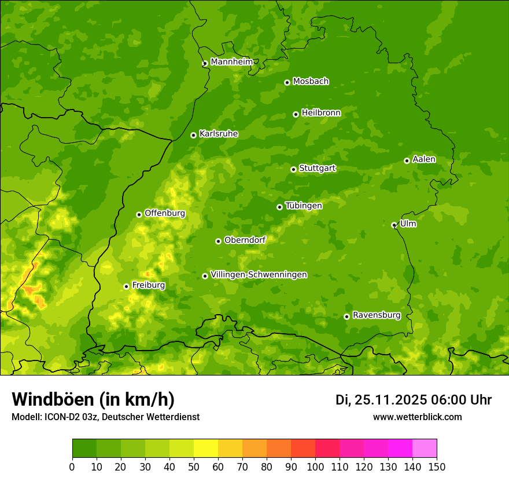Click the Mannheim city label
[232, 62]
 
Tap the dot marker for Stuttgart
[293, 169]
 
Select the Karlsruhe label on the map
[219, 134]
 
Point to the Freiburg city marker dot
[126, 286]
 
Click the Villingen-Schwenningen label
[259, 275]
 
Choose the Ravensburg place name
[377, 315]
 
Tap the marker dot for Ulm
[394, 225]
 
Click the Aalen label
[424, 159]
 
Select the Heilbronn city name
[321, 113]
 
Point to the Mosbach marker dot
[287, 82]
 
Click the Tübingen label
[304, 206]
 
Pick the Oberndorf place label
[245, 240]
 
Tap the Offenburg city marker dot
[139, 214]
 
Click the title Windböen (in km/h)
[93, 399]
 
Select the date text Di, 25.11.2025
[381, 400]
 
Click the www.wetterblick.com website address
[417, 417]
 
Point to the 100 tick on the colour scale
[315, 467]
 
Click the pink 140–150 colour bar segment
[424, 449]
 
